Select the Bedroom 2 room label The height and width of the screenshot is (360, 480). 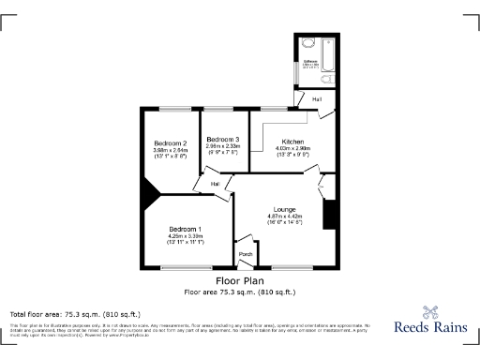pos(171,143)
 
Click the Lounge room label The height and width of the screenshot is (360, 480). pos(284,209)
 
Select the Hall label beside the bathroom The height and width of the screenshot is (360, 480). pos(317,99)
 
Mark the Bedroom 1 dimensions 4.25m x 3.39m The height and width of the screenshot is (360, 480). pos(185,236)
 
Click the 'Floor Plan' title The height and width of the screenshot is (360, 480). pos(240,281)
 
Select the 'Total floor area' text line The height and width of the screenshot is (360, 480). pos(75,313)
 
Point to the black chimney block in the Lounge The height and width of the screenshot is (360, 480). pos(328,214)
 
